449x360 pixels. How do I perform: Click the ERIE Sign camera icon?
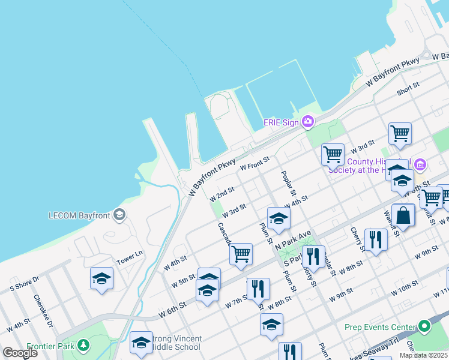point(308,122)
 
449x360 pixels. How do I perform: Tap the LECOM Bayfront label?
point(80,215)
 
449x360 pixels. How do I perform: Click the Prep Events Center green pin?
point(425,327)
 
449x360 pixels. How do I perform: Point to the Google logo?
point(20,353)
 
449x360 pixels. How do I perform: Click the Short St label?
point(408,88)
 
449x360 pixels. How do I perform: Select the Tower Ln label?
point(130,257)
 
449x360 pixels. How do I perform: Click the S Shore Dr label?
point(24,283)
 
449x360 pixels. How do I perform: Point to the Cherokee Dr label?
point(43,310)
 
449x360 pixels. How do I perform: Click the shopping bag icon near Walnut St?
point(403,215)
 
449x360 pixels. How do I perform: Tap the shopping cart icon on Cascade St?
point(241,253)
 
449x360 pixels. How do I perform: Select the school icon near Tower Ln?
point(102,278)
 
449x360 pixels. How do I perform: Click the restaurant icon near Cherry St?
point(376,239)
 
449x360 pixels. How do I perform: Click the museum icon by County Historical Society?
point(420,164)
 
